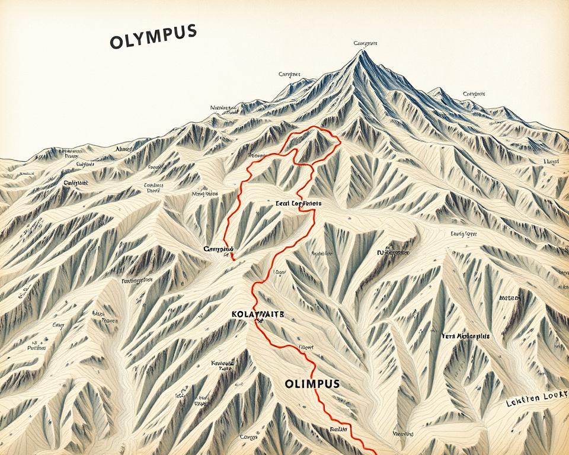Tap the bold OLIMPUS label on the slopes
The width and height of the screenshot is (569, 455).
312,383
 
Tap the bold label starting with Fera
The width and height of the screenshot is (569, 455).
466,336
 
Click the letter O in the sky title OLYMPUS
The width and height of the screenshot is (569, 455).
117,43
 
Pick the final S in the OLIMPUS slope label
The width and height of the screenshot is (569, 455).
336,383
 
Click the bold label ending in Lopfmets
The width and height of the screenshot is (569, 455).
299,203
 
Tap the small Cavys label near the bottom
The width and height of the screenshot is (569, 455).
248,437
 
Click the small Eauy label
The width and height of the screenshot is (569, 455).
59,325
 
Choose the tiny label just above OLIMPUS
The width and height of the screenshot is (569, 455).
306,348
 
